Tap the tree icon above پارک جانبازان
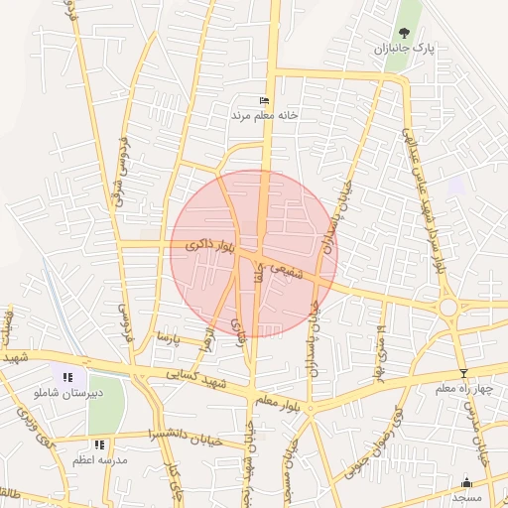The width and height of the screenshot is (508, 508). tap(404, 33)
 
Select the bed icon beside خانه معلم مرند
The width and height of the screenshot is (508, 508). tap(263, 100)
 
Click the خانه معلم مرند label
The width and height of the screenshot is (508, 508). tap(265, 115)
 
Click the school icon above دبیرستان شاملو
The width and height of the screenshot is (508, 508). tap(67, 377)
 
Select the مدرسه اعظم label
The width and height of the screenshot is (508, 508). tap(98, 461)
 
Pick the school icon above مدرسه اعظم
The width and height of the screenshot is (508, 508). tap(98, 445)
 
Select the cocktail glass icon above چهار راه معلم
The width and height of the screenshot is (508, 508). tap(463, 373)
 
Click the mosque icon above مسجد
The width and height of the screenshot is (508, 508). tap(466, 481)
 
